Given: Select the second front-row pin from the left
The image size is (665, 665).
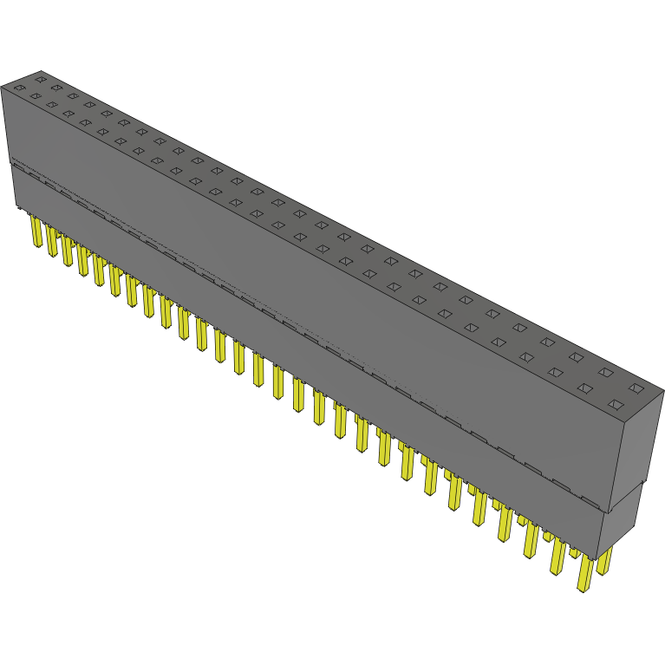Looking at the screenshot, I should [x=52, y=242].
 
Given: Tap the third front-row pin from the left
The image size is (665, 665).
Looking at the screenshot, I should [x=68, y=251].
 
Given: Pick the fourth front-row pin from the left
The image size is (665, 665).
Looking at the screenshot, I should [x=83, y=260].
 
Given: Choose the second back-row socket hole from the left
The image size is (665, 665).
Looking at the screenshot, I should [x=56, y=87].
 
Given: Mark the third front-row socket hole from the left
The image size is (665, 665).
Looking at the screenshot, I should [x=51, y=104].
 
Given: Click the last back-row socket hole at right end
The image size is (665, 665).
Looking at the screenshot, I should [x=636, y=388].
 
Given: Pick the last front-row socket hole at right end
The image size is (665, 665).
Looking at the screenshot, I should [x=616, y=405].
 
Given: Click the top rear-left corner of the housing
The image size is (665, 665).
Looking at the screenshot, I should [x=41, y=72].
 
